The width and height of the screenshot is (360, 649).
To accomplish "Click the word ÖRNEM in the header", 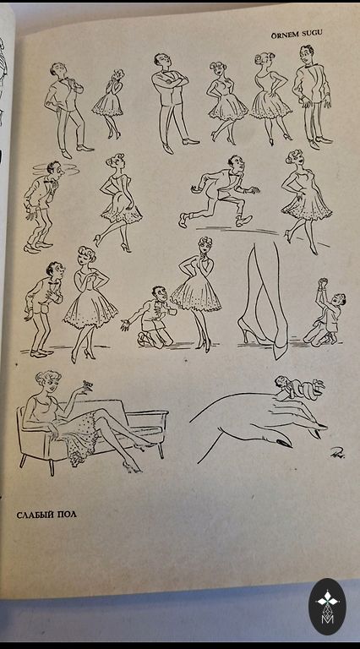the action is [x=286, y=35].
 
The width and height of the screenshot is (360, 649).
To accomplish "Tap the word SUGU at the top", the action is [x=312, y=35].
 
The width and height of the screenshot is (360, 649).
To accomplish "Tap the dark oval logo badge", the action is [x=328, y=607].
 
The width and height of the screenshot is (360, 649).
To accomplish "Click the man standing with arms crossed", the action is [x=172, y=103].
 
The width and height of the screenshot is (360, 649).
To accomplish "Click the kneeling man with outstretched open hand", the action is [x=150, y=316].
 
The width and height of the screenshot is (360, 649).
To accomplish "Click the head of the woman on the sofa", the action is [x=48, y=383].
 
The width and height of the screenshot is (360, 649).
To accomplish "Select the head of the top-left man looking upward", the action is [x=58, y=69].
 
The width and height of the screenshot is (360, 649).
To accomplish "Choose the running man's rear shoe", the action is [x=183, y=221].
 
